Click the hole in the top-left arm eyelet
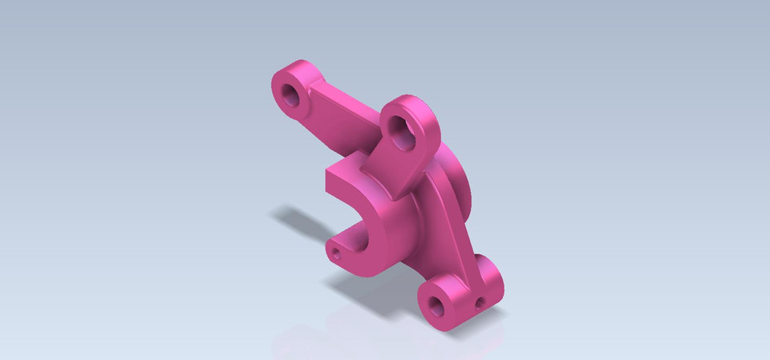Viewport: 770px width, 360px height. click(x=290, y=95)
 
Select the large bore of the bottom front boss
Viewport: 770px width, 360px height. click(x=437, y=303)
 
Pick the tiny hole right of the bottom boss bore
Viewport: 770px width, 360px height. click(x=479, y=304)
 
